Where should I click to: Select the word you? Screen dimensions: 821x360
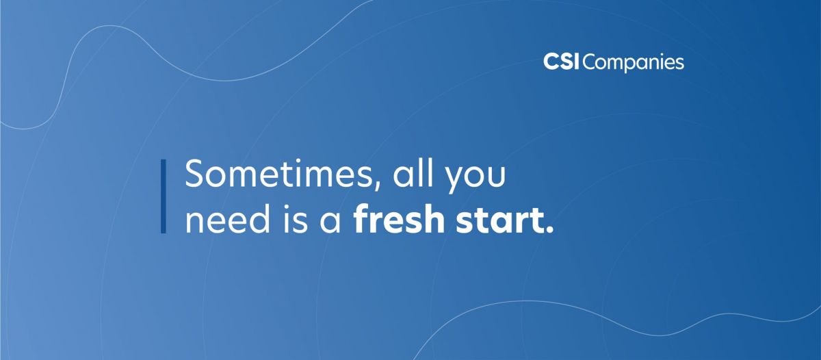[x=475, y=178]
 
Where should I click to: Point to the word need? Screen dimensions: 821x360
[x=228, y=219]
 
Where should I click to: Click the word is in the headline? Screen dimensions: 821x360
[x=296, y=219]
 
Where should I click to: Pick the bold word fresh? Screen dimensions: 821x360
[x=399, y=219]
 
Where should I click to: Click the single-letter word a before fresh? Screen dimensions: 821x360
[x=330, y=223]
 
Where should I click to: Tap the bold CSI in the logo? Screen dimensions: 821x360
[x=561, y=62]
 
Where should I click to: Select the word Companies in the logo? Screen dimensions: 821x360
[x=634, y=63]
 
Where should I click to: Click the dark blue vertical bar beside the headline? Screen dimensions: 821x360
[x=164, y=196]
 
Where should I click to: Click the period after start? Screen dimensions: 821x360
[x=549, y=229]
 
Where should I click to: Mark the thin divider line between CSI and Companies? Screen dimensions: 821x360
[x=581, y=62]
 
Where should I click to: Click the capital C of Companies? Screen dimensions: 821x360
[x=591, y=62]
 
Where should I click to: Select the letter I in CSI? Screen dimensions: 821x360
[x=577, y=62]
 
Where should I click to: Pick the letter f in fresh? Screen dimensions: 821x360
[x=361, y=219]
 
